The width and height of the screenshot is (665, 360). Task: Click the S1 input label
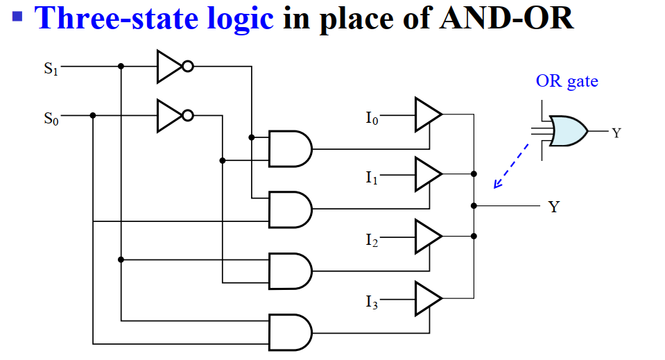click(51, 68)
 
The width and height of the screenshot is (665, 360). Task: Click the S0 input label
click(51, 118)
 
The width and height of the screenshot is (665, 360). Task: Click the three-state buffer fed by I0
click(427, 114)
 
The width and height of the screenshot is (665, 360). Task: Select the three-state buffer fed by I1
click(427, 173)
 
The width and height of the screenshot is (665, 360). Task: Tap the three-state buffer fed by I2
click(427, 236)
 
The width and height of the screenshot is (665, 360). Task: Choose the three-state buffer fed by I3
click(427, 298)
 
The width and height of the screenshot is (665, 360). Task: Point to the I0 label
click(372, 119)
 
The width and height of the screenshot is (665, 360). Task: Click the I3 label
click(372, 302)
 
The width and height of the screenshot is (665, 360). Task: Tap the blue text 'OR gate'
click(567, 81)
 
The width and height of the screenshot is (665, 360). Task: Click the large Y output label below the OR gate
click(553, 207)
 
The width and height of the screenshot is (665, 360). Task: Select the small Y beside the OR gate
click(616, 132)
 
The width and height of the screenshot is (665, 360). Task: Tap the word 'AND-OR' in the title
click(506, 18)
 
